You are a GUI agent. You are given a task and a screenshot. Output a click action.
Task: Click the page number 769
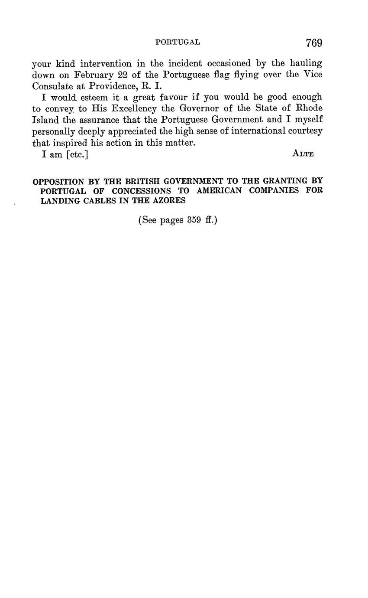(314, 42)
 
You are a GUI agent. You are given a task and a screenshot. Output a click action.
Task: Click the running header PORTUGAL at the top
(178, 42)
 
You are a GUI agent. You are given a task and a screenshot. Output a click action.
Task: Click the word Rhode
(309, 108)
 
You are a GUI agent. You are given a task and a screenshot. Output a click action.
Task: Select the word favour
(171, 97)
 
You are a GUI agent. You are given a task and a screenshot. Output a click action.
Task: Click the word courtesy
(305, 131)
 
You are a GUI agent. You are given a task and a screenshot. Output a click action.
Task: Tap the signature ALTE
(303, 154)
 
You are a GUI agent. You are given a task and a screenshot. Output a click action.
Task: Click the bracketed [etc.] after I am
(77, 154)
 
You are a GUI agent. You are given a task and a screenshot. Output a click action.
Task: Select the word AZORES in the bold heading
(168, 201)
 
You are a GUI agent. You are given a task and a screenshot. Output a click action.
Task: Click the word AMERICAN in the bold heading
(222, 191)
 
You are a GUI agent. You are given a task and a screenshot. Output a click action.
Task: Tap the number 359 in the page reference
(194, 220)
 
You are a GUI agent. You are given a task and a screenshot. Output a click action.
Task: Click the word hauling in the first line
(307, 63)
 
